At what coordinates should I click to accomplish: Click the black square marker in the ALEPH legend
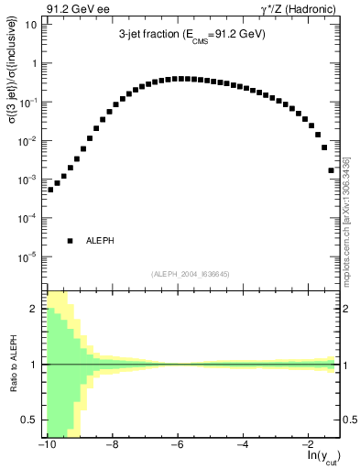(70, 241)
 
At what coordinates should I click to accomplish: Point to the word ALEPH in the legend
(100, 241)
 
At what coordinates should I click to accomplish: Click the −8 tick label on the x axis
(112, 443)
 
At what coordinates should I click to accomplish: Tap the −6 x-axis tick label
(177, 443)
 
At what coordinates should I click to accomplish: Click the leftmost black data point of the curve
(50, 190)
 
